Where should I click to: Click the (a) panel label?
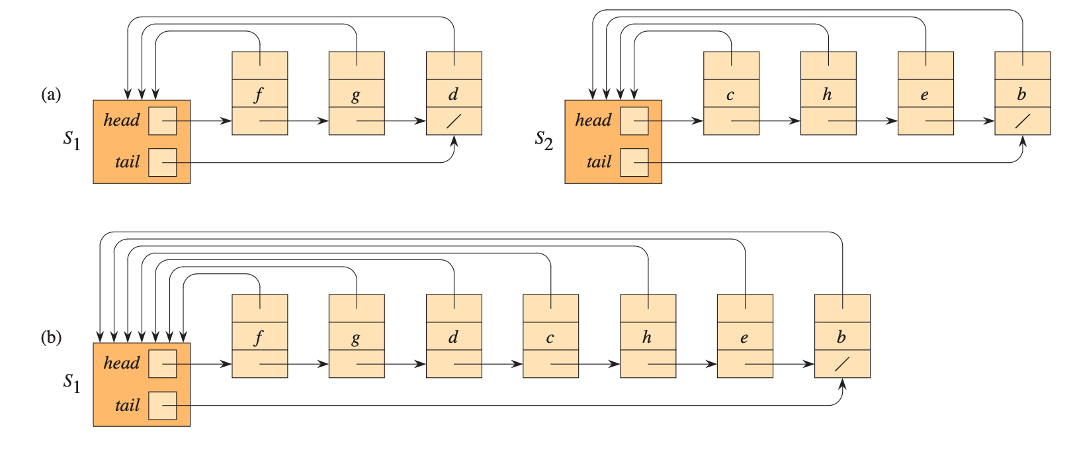tap(51, 95)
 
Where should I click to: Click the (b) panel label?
tap(51, 338)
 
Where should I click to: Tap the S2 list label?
tap(544, 140)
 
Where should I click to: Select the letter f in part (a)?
tap(259, 94)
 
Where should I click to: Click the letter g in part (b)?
tap(356, 338)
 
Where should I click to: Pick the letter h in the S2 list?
tap(827, 94)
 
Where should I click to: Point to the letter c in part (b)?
tap(550, 338)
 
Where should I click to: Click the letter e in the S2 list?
tap(924, 95)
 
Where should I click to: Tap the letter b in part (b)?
tap(841, 337)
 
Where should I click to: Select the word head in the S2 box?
tap(593, 120)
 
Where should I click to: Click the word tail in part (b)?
tap(127, 405)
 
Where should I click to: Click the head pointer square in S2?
tap(634, 121)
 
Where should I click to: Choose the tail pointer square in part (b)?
tap(162, 405)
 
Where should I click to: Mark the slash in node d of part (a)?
tap(453, 121)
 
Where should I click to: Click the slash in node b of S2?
tap(1022, 121)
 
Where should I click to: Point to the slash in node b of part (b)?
tap(841, 364)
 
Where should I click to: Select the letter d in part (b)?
tap(453, 337)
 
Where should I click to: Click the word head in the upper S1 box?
tap(122, 120)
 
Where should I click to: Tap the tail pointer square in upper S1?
tap(162, 162)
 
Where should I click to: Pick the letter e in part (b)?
tap(744, 338)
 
